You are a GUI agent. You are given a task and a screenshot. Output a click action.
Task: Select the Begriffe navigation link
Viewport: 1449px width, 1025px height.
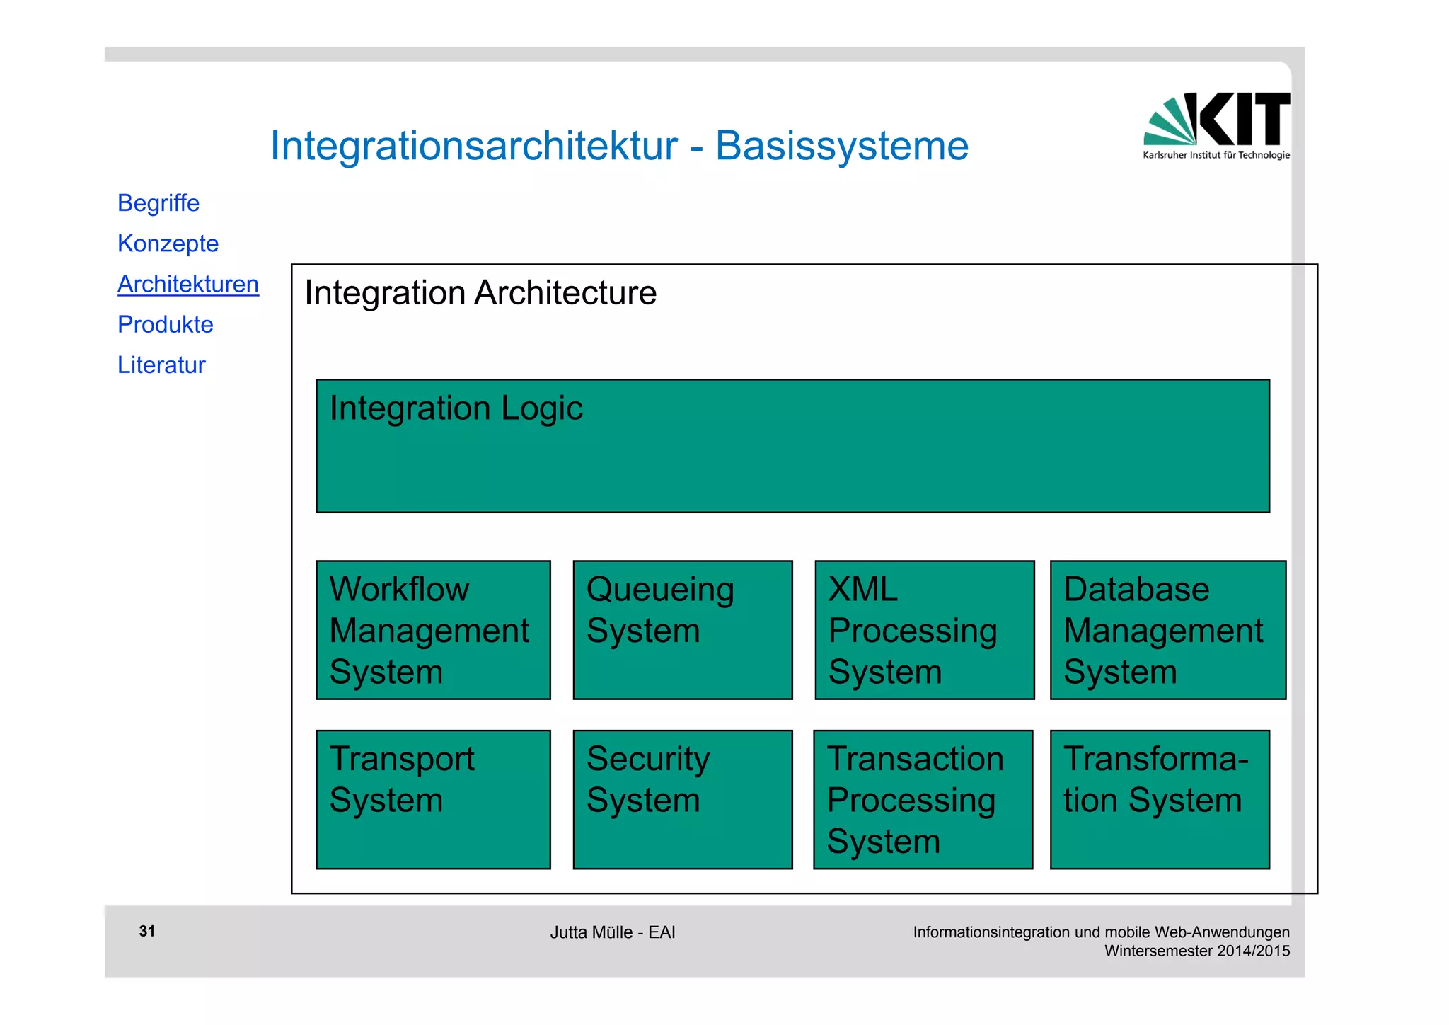pyautogui.click(x=158, y=203)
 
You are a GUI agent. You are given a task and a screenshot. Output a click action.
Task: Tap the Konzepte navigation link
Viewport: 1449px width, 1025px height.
pyautogui.click(x=168, y=244)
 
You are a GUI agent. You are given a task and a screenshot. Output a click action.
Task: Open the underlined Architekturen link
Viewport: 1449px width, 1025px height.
pyautogui.click(x=188, y=284)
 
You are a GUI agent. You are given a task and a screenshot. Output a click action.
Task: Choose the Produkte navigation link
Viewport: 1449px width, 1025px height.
pyautogui.click(x=165, y=324)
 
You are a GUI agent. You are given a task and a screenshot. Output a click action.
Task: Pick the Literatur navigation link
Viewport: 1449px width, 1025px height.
pyautogui.click(x=161, y=365)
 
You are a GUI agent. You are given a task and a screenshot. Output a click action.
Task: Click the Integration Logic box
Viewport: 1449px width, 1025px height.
pyautogui.click(x=792, y=446)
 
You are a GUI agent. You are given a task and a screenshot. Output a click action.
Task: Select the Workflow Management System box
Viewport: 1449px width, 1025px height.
pyautogui.click(x=433, y=630)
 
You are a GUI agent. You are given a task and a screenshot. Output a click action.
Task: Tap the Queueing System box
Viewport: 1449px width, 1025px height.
pyautogui.click(x=682, y=630)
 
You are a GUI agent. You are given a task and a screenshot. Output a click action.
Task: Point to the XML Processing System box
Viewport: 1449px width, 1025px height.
pyautogui.click(x=924, y=630)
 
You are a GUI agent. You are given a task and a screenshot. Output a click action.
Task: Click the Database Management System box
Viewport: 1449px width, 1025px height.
pyautogui.click(x=1167, y=630)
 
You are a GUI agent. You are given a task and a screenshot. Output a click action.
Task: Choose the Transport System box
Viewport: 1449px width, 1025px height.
pyautogui.click(x=433, y=799)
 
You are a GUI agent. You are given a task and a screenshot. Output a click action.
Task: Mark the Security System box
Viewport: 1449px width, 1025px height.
pyautogui.click(x=682, y=799)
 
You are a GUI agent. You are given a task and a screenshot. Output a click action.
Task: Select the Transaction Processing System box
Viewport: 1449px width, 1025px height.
pyautogui.click(x=923, y=799)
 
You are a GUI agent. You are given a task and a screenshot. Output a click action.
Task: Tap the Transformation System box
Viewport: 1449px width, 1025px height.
pyautogui.click(x=1160, y=799)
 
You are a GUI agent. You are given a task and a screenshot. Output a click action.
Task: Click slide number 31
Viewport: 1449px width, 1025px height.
pyautogui.click(x=147, y=932)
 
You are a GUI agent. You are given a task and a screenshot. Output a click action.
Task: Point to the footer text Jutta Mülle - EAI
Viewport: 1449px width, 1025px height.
pyautogui.click(x=613, y=932)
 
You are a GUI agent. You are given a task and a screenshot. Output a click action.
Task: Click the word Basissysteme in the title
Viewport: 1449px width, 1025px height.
pyautogui.click(x=841, y=146)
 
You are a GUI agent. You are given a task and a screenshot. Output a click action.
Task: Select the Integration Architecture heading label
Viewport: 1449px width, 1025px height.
pyautogui.click(x=480, y=293)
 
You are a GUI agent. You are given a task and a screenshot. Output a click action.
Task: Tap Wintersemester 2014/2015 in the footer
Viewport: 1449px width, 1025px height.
pyautogui.click(x=1197, y=951)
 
